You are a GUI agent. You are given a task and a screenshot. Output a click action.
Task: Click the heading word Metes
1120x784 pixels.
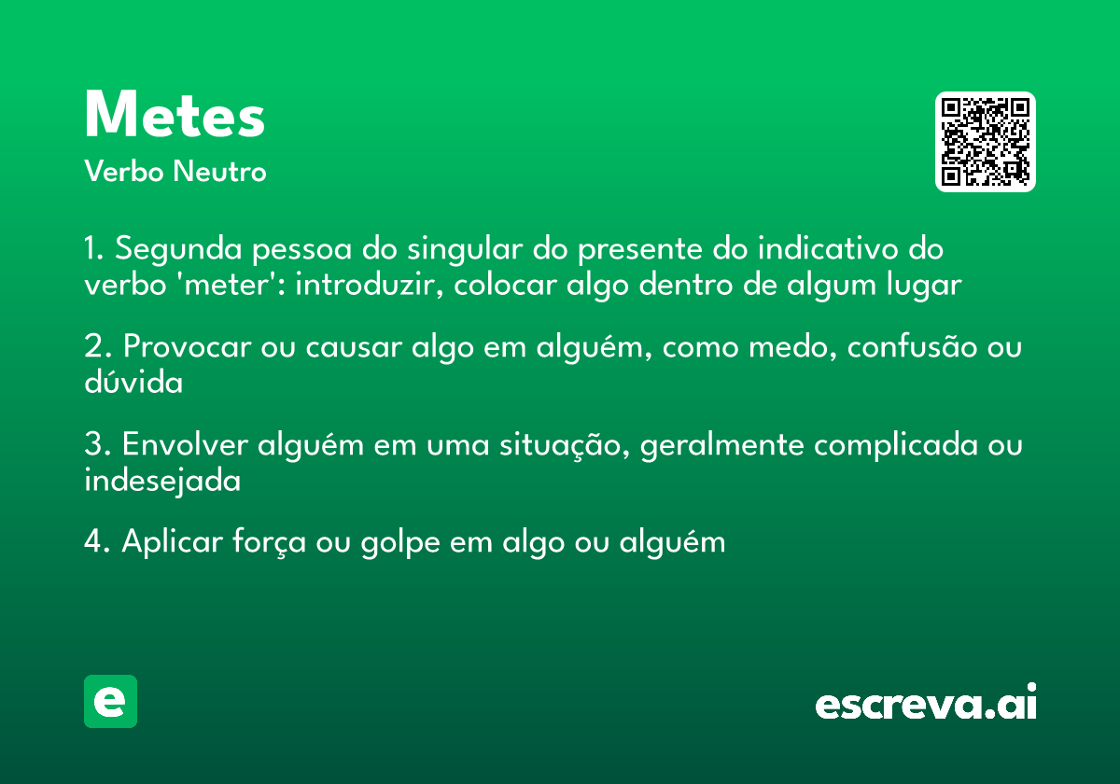pyautogui.click(x=175, y=116)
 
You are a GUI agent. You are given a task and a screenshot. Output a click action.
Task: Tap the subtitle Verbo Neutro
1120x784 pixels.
pyautogui.click(x=175, y=172)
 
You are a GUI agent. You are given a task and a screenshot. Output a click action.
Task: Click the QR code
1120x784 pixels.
pyautogui.click(x=985, y=142)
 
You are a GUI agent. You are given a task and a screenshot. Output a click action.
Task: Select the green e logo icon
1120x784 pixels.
pyautogui.click(x=110, y=701)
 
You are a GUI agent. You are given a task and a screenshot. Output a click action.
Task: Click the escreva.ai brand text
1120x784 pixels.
pyautogui.click(x=925, y=704)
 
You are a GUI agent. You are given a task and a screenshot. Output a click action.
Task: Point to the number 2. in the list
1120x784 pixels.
pyautogui.click(x=97, y=347)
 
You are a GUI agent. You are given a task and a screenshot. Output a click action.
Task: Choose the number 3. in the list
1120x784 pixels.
pyautogui.click(x=97, y=445)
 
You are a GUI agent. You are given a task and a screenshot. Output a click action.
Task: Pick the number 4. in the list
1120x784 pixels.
pyautogui.click(x=97, y=542)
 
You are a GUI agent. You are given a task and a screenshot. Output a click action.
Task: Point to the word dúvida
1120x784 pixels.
pyautogui.click(x=133, y=383)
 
